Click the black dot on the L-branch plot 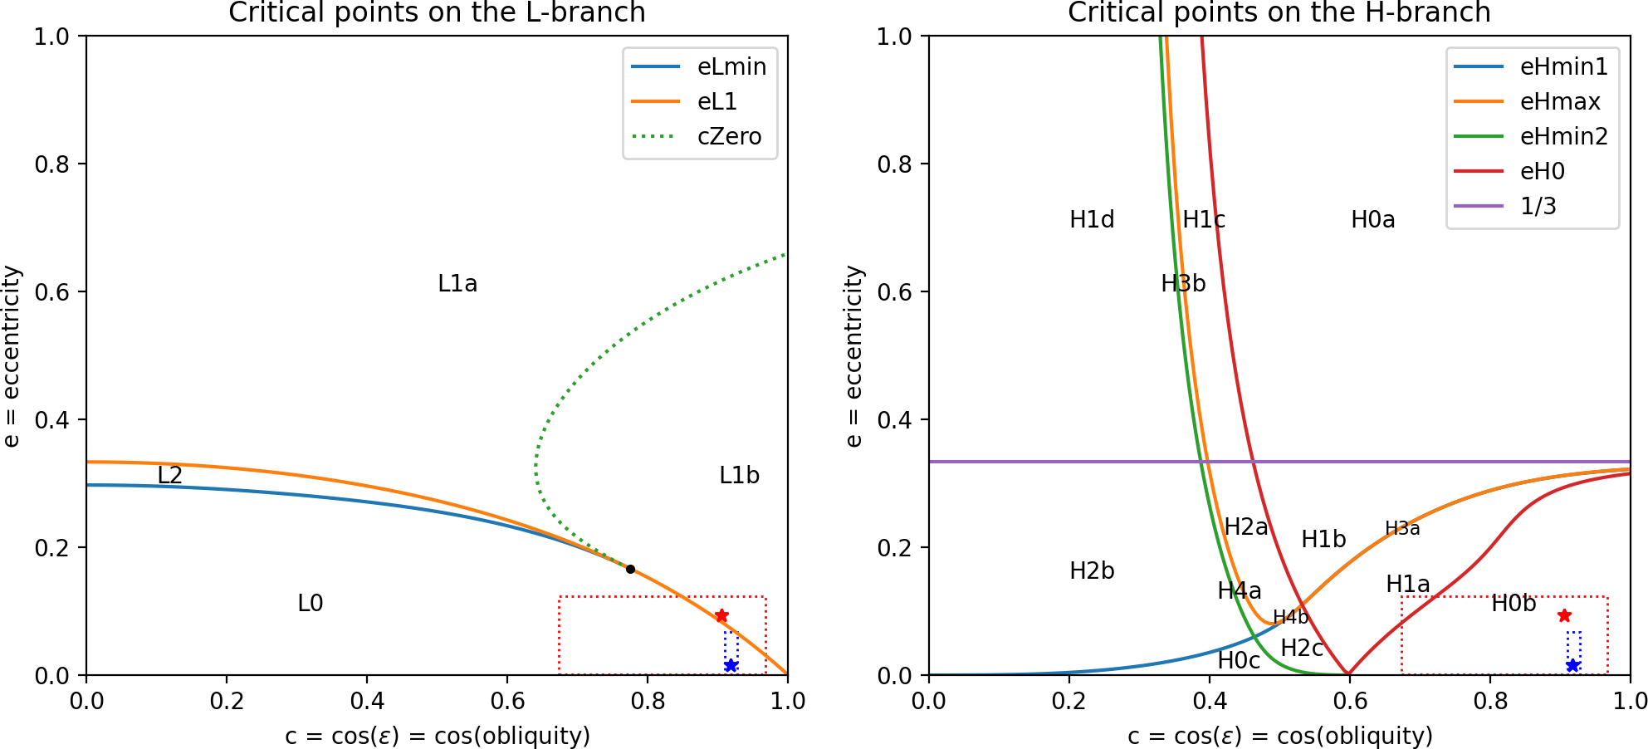click(630, 569)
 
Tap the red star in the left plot click(721, 615)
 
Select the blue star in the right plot click(1572, 665)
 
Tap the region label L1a click(457, 284)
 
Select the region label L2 click(169, 475)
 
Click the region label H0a click(1372, 220)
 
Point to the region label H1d click(1092, 220)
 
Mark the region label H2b click(1092, 571)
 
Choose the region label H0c click(1239, 661)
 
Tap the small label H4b click(1290, 617)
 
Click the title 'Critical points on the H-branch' click(1279, 12)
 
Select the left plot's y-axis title click(12, 355)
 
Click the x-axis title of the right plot click(1279, 736)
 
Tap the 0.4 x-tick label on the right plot click(1210, 702)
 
